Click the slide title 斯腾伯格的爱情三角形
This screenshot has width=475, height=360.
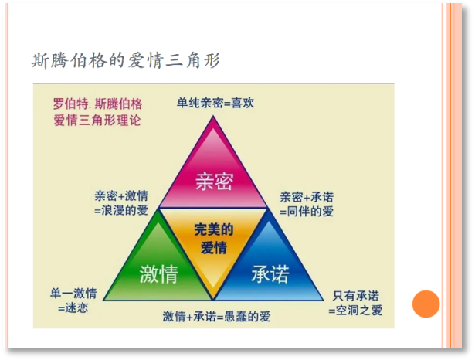(x=126, y=60)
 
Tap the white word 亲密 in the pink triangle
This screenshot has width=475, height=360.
(x=214, y=182)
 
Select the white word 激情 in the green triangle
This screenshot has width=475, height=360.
(x=158, y=273)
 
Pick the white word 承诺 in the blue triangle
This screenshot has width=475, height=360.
(x=270, y=273)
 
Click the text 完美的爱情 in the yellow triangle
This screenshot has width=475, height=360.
(x=214, y=239)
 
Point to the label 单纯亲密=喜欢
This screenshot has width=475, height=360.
(x=215, y=103)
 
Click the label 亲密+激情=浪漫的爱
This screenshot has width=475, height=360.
(x=121, y=203)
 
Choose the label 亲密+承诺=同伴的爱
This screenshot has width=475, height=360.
(x=307, y=204)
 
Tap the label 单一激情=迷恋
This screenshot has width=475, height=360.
(x=73, y=301)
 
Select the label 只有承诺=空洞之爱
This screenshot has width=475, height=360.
(x=355, y=303)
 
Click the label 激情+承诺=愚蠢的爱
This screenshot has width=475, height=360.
(x=216, y=317)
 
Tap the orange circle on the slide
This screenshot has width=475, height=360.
(x=426, y=304)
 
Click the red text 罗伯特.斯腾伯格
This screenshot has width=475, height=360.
(x=97, y=104)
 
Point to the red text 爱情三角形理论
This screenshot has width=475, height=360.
(x=97, y=121)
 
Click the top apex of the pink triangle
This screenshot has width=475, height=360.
(x=214, y=116)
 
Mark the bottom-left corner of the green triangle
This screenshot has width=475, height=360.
(x=103, y=301)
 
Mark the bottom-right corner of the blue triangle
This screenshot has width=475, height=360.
(x=324, y=301)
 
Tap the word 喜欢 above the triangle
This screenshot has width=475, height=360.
(x=243, y=103)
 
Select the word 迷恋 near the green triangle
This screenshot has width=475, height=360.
(x=77, y=308)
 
